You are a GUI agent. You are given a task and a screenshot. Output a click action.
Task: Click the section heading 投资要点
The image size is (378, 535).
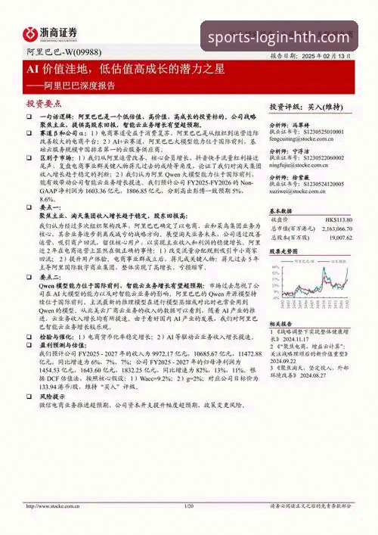[x=42, y=103]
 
